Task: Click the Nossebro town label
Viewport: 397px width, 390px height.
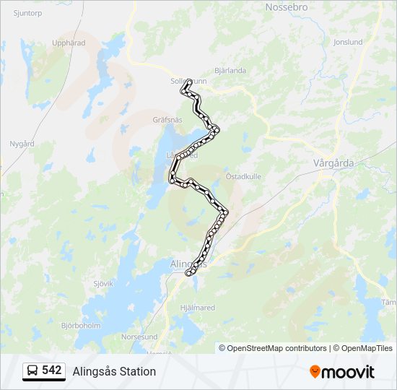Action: pyautogui.click(x=287, y=7)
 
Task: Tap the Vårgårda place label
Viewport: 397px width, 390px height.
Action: pyautogui.click(x=333, y=163)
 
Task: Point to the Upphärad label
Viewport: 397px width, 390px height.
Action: pyautogui.click(x=69, y=43)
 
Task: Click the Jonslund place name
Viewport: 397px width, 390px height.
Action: pyautogui.click(x=348, y=43)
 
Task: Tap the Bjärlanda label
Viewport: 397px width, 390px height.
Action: pyautogui.click(x=231, y=71)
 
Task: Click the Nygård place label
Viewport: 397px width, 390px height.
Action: pyautogui.click(x=22, y=144)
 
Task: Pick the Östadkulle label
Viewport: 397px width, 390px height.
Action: pyautogui.click(x=243, y=176)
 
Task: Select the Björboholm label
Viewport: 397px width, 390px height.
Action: pyautogui.click(x=81, y=326)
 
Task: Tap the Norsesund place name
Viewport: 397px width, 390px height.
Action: pyautogui.click(x=139, y=337)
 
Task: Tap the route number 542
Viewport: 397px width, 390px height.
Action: pyautogui.click(x=52, y=370)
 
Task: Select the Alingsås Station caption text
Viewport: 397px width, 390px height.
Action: pyautogui.click(x=114, y=371)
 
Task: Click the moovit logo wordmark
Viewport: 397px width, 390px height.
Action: pyautogui.click(x=349, y=372)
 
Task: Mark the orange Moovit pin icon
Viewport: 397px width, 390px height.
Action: pyautogui.click(x=315, y=372)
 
